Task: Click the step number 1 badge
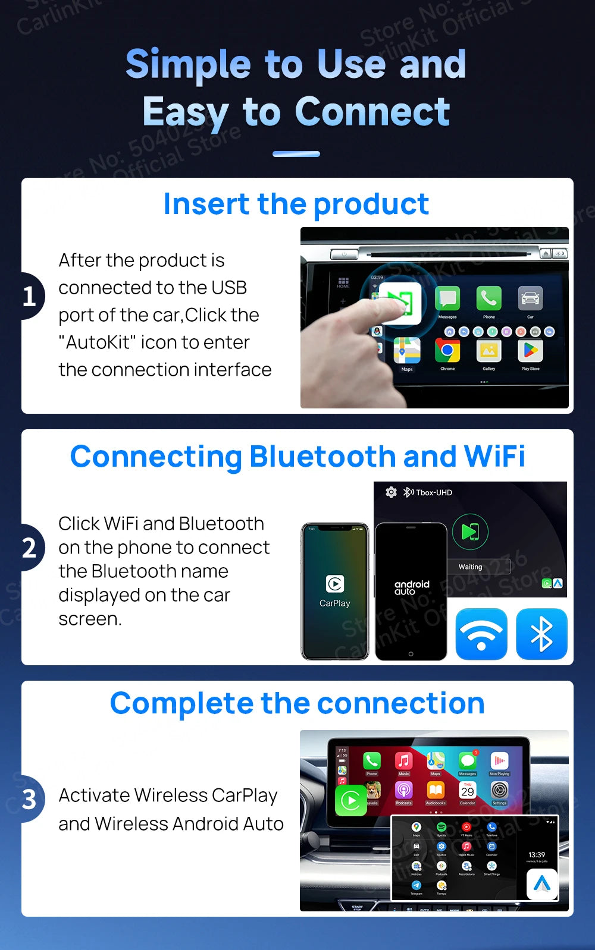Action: tap(30, 296)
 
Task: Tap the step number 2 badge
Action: tap(30, 548)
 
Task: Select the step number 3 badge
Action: tap(30, 800)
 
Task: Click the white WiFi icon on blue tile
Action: tap(481, 634)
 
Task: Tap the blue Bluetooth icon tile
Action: tap(541, 634)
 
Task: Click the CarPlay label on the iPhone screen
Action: tap(335, 603)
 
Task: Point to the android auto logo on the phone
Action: tap(411, 587)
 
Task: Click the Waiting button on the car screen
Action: tap(470, 567)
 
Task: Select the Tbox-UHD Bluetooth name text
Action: tap(434, 493)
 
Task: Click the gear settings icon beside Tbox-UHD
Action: tap(391, 492)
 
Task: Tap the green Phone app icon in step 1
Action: tap(488, 298)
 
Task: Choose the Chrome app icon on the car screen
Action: tap(447, 351)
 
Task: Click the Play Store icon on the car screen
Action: tap(530, 351)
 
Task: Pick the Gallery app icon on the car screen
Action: tap(488, 351)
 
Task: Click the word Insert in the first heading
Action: tap(206, 205)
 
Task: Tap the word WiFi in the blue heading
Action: tap(494, 457)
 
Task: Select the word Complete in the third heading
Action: tap(182, 704)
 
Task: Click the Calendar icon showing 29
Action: tap(468, 790)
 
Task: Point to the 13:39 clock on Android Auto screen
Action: tap(537, 855)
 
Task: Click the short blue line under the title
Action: tap(296, 154)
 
